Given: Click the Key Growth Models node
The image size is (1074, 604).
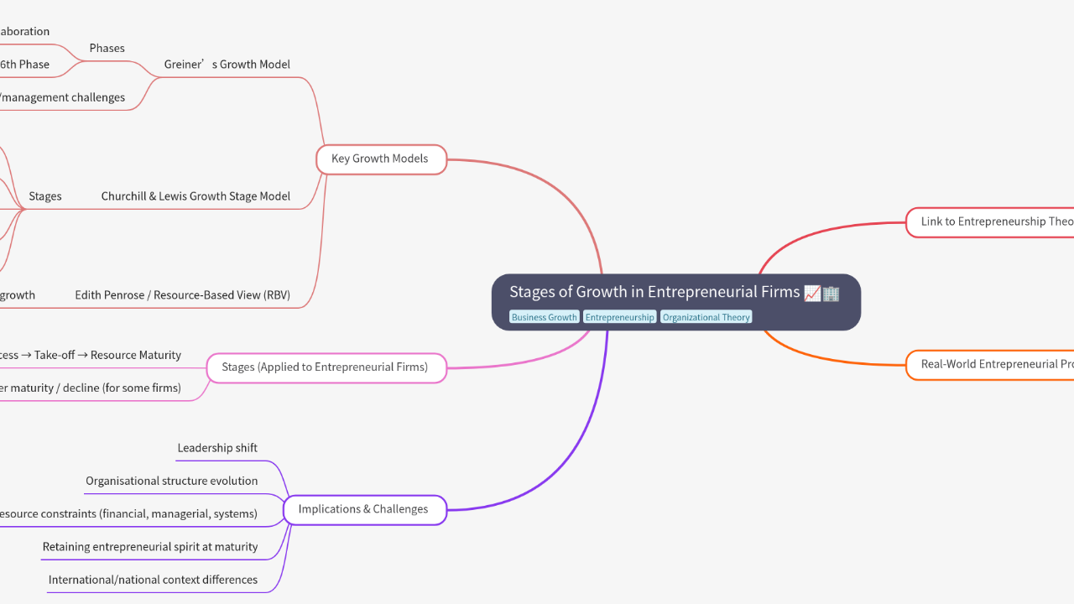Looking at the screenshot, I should click(380, 159).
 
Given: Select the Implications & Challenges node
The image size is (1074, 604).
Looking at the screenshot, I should click(363, 509).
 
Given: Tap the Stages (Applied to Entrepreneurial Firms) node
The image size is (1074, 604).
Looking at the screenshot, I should click(325, 367).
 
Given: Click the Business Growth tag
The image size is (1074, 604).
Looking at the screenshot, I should click(545, 317).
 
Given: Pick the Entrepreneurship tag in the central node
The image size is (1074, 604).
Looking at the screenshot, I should click(619, 317).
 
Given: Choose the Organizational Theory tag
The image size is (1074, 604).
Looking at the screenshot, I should click(706, 317).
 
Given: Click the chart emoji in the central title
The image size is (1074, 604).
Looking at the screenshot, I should click(812, 293).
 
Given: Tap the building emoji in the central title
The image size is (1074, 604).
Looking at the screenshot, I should click(831, 293).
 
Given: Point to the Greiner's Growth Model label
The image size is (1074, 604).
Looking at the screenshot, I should click(227, 65).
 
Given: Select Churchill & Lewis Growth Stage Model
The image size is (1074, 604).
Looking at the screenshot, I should click(196, 196).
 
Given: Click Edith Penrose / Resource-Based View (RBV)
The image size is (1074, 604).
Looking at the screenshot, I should click(182, 295).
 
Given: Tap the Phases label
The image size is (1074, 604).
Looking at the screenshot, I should click(107, 48).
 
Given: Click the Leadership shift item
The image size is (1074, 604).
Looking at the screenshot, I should click(217, 448).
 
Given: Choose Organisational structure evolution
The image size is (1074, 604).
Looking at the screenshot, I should click(171, 481).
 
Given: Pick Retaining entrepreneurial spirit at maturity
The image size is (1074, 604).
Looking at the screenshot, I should click(150, 547).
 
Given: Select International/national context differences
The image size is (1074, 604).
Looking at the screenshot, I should click(153, 580).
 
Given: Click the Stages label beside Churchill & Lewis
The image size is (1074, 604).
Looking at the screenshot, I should click(45, 196).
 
